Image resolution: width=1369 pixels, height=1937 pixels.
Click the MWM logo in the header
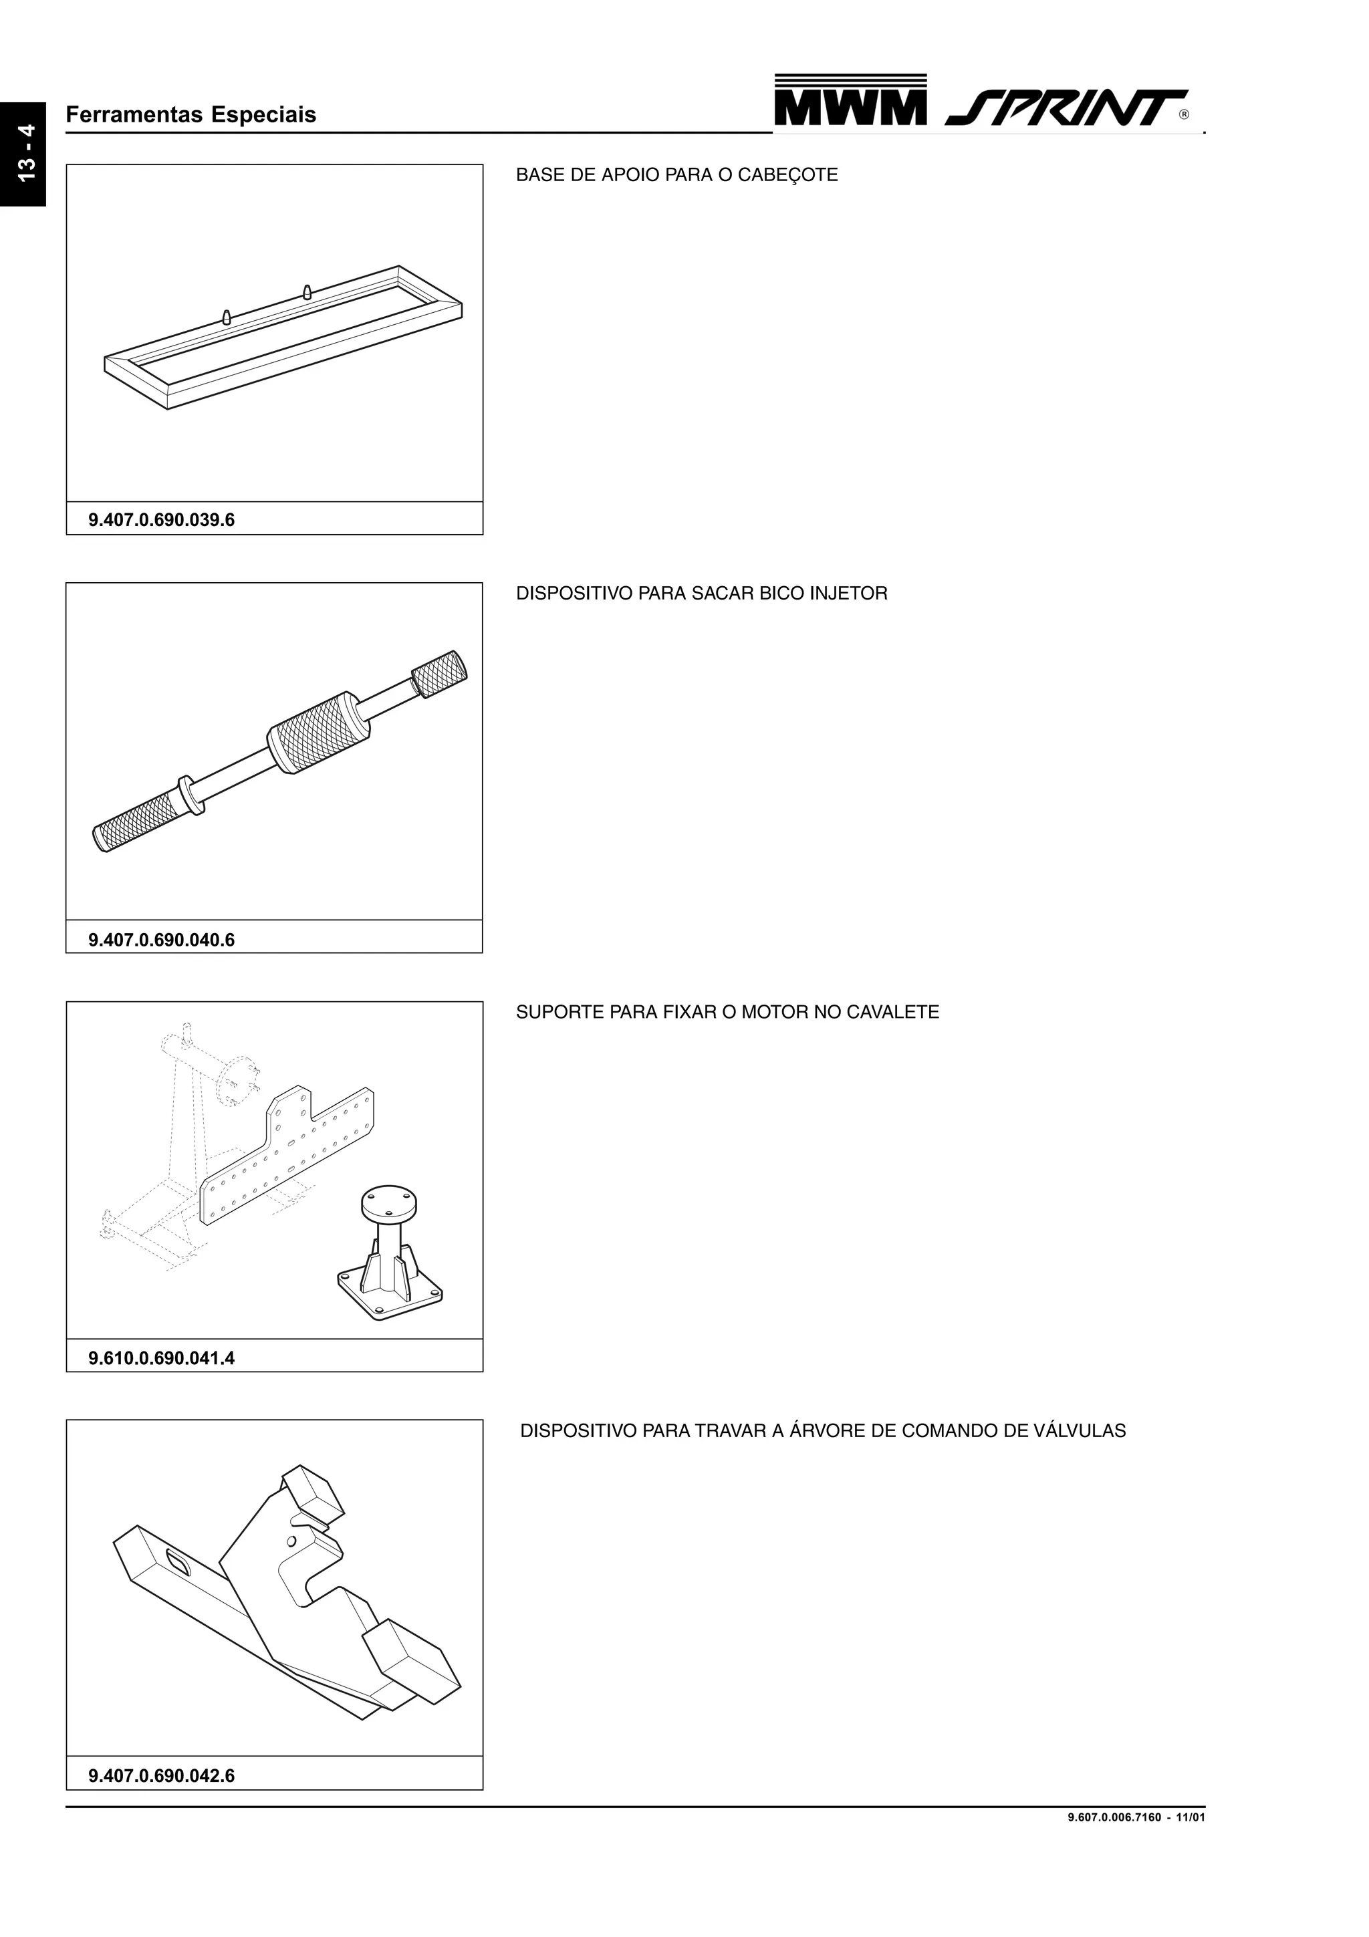(x=850, y=100)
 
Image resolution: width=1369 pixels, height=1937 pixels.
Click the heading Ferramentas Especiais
(x=191, y=115)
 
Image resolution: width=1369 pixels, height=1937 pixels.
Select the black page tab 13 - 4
(x=23, y=154)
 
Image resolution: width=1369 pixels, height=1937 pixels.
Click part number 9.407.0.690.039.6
(x=161, y=520)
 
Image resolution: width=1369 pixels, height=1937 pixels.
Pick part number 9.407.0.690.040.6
(x=161, y=940)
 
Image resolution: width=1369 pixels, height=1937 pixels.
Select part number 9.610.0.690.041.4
(x=161, y=1358)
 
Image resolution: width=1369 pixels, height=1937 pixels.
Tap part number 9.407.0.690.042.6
(x=161, y=1776)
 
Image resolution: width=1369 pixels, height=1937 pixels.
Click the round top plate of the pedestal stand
(x=389, y=1202)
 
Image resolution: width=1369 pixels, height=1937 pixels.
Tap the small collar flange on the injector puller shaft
(x=190, y=795)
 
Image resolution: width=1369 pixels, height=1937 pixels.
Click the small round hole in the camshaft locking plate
(x=292, y=1541)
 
